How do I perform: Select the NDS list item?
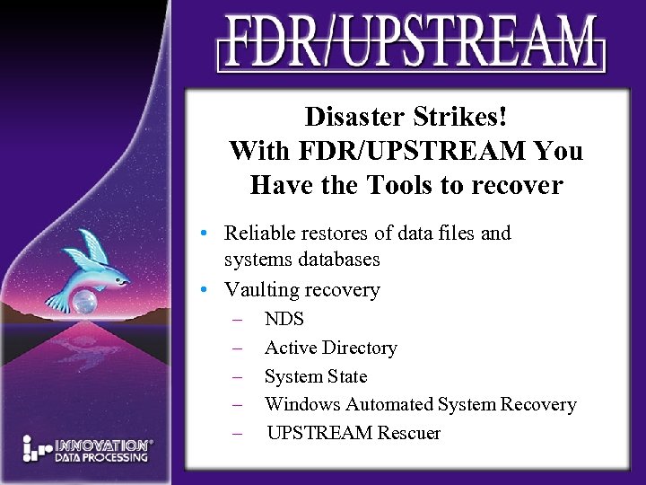click(x=284, y=319)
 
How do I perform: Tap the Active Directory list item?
click(x=330, y=348)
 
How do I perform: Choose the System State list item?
click(x=316, y=376)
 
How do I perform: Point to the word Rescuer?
click(x=408, y=433)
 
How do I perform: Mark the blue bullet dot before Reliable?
click(x=205, y=234)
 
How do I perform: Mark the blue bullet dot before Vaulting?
click(x=205, y=290)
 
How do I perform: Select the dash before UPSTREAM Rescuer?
click(x=238, y=433)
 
